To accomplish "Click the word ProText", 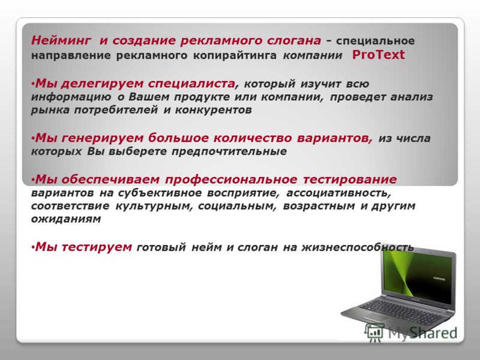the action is (379, 55).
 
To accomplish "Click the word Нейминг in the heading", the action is (61, 40).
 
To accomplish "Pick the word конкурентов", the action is (214, 110).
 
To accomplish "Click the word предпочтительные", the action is (229, 152).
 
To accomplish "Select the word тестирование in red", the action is (350, 179).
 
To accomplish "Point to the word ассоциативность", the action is (338, 193).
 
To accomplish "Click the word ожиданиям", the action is (66, 219).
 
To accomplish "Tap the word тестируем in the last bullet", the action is (97, 247).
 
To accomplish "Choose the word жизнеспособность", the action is (357, 247).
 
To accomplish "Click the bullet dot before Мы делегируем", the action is (33, 84).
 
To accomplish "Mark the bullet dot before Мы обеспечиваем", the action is (33, 179).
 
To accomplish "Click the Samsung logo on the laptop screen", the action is (439, 278).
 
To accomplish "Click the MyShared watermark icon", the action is (374, 332).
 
